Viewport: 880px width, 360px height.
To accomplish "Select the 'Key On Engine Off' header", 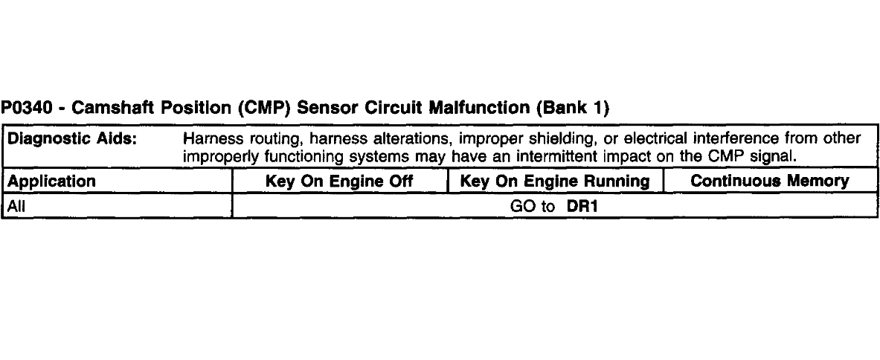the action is pos(340,181).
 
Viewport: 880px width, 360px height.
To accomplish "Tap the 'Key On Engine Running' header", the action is pos(555,181).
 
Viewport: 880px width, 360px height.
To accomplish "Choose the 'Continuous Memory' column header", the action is pos(770,181).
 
